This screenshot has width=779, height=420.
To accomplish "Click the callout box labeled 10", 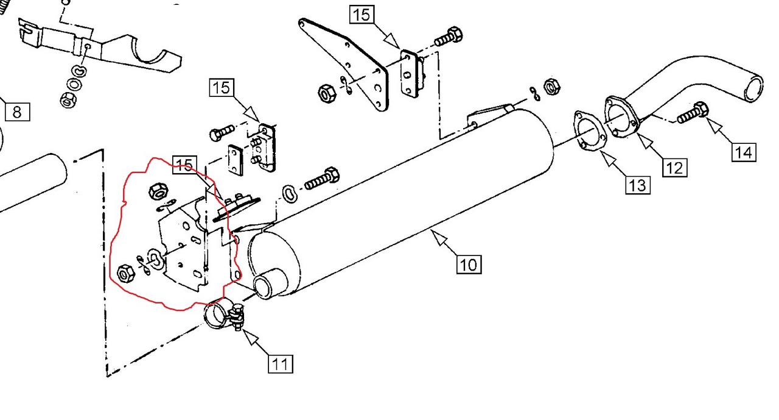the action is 469,265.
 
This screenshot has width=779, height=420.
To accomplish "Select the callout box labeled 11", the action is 281,364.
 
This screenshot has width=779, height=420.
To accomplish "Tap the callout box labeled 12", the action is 674,168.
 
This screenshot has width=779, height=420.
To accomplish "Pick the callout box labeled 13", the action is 638,185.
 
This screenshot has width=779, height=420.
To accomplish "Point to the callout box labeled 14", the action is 744,152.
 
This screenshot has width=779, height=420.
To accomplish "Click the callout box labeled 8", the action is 18,112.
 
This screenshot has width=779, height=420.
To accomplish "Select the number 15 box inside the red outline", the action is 184,165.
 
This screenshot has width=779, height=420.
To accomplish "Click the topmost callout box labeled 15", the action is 362,15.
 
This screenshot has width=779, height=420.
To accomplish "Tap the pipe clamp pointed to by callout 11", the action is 225,316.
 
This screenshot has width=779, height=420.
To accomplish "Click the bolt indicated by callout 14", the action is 693,113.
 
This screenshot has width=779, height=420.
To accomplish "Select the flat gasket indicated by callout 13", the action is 590,130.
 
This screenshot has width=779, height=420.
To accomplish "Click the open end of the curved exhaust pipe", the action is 753,89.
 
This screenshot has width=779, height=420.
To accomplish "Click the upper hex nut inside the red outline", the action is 158,191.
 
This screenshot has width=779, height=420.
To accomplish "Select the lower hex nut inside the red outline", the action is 126,273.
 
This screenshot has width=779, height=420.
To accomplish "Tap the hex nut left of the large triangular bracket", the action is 327,93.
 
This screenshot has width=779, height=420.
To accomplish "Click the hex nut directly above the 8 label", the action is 68,100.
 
